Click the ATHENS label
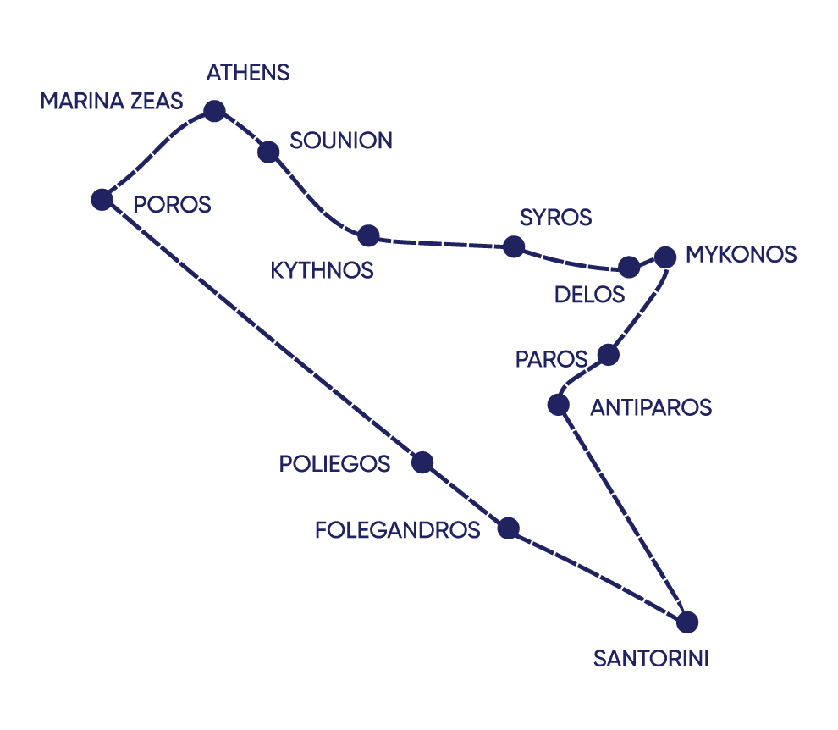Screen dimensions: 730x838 coord(247,73)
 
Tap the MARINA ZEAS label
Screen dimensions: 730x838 coord(111,102)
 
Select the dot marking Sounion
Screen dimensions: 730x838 coord(268,152)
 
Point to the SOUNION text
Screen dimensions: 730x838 coord(341,141)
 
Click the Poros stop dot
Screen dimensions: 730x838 coord(102,199)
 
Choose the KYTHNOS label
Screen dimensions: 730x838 coord(322,271)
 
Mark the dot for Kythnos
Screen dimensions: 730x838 coord(368,235)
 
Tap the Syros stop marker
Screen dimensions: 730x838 coord(513,246)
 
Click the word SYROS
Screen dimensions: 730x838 coord(555,218)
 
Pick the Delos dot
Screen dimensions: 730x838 coord(629,267)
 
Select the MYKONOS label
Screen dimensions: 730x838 coord(741,254)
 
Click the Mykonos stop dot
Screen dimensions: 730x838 coord(665,257)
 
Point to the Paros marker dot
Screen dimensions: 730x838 coord(608,354)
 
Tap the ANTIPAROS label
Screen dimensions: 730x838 coord(651,408)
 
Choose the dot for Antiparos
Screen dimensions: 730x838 coord(558,405)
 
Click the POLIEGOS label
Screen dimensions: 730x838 coord(334,464)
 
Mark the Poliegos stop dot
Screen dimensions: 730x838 coord(422,462)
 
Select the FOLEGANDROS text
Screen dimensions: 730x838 coord(397,530)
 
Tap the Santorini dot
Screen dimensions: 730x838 coord(687,622)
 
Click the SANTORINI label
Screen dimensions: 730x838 coord(650,658)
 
